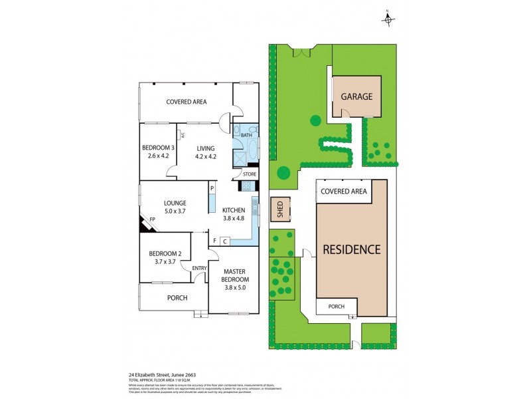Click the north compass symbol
tap(388, 19)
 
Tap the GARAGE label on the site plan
tap(356, 96)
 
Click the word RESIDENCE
tap(351, 250)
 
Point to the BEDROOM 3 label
tap(158, 148)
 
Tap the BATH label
tap(247, 135)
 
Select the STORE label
tap(249, 174)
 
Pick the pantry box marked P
tap(212, 189)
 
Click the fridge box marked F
tap(214, 241)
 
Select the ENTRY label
tap(199, 268)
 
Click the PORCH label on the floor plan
tap(177, 298)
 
